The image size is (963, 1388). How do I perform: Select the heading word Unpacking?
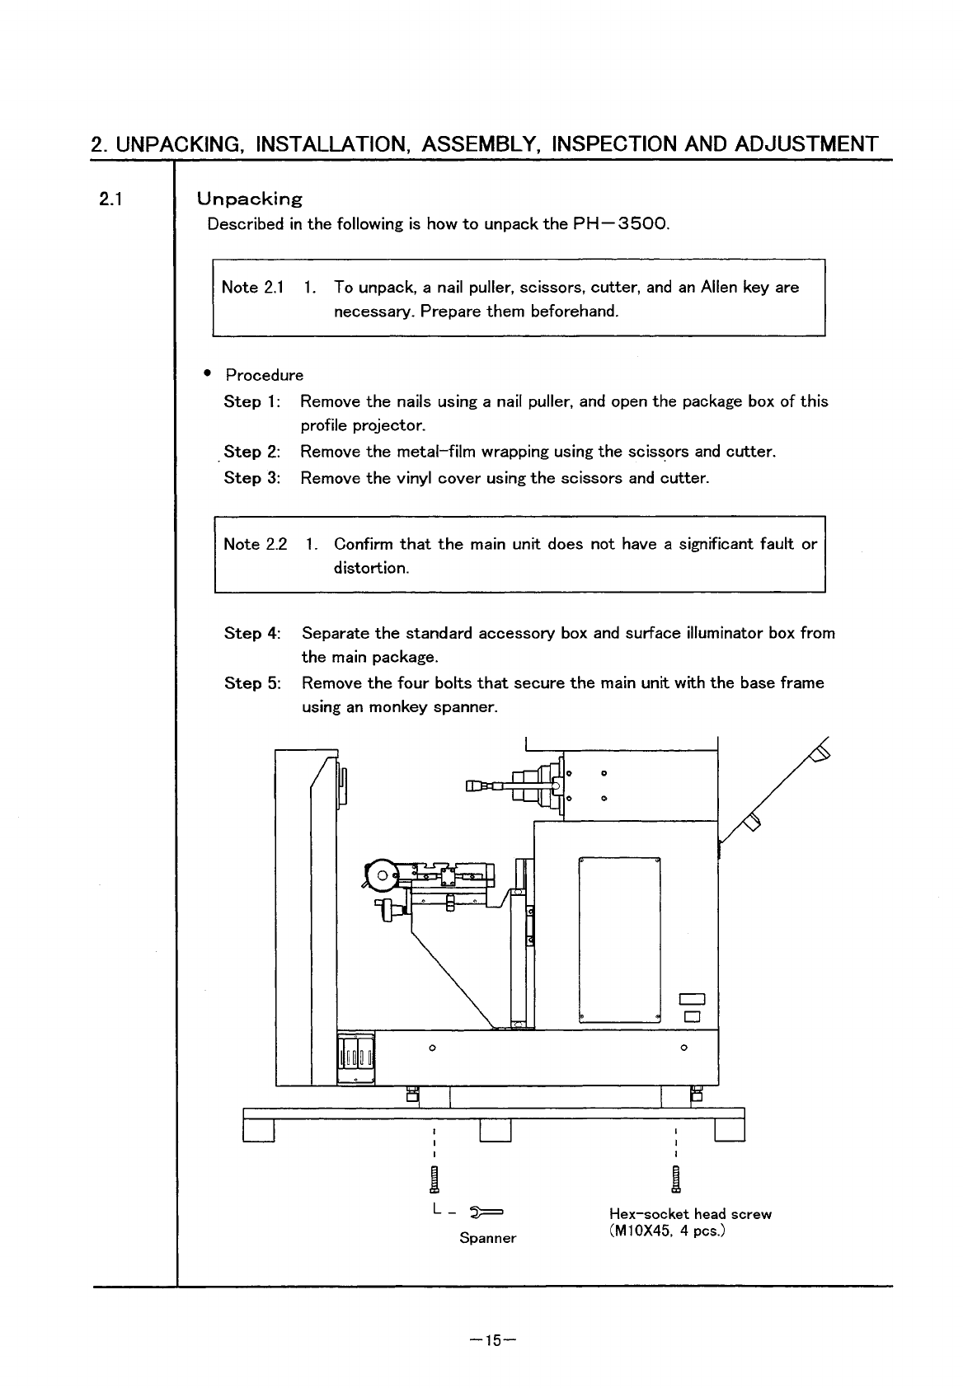[249, 199]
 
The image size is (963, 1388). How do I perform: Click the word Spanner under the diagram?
[487, 1239]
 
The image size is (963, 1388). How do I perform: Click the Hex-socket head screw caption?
[690, 1214]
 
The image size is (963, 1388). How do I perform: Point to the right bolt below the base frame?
[676, 1179]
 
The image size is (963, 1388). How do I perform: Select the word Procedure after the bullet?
[265, 376]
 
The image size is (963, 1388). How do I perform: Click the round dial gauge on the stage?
[381, 875]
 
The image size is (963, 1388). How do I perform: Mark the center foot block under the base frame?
[496, 1132]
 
